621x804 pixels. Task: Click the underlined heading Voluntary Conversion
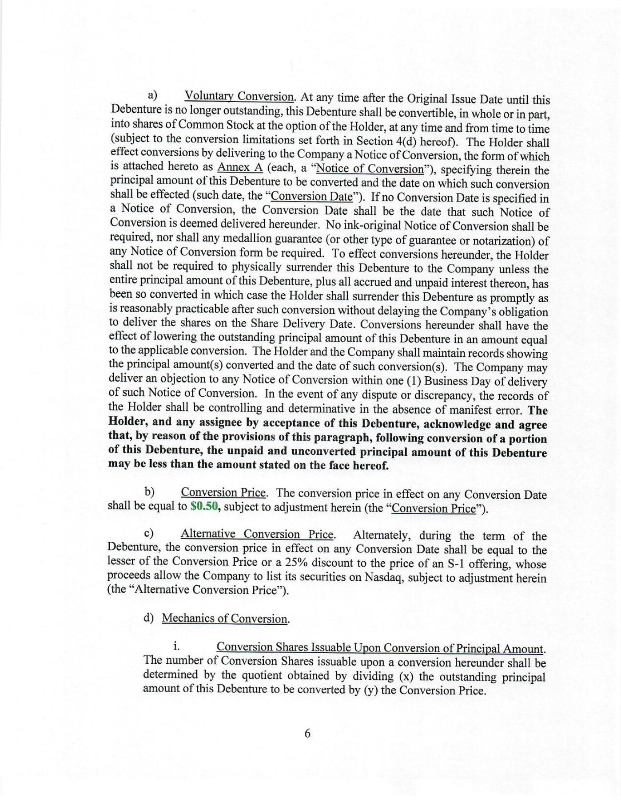(x=239, y=96)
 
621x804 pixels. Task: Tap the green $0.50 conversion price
(x=205, y=506)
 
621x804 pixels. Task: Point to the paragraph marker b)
(x=149, y=492)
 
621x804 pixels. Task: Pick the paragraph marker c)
(x=149, y=533)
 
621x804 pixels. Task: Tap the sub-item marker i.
(x=176, y=646)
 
